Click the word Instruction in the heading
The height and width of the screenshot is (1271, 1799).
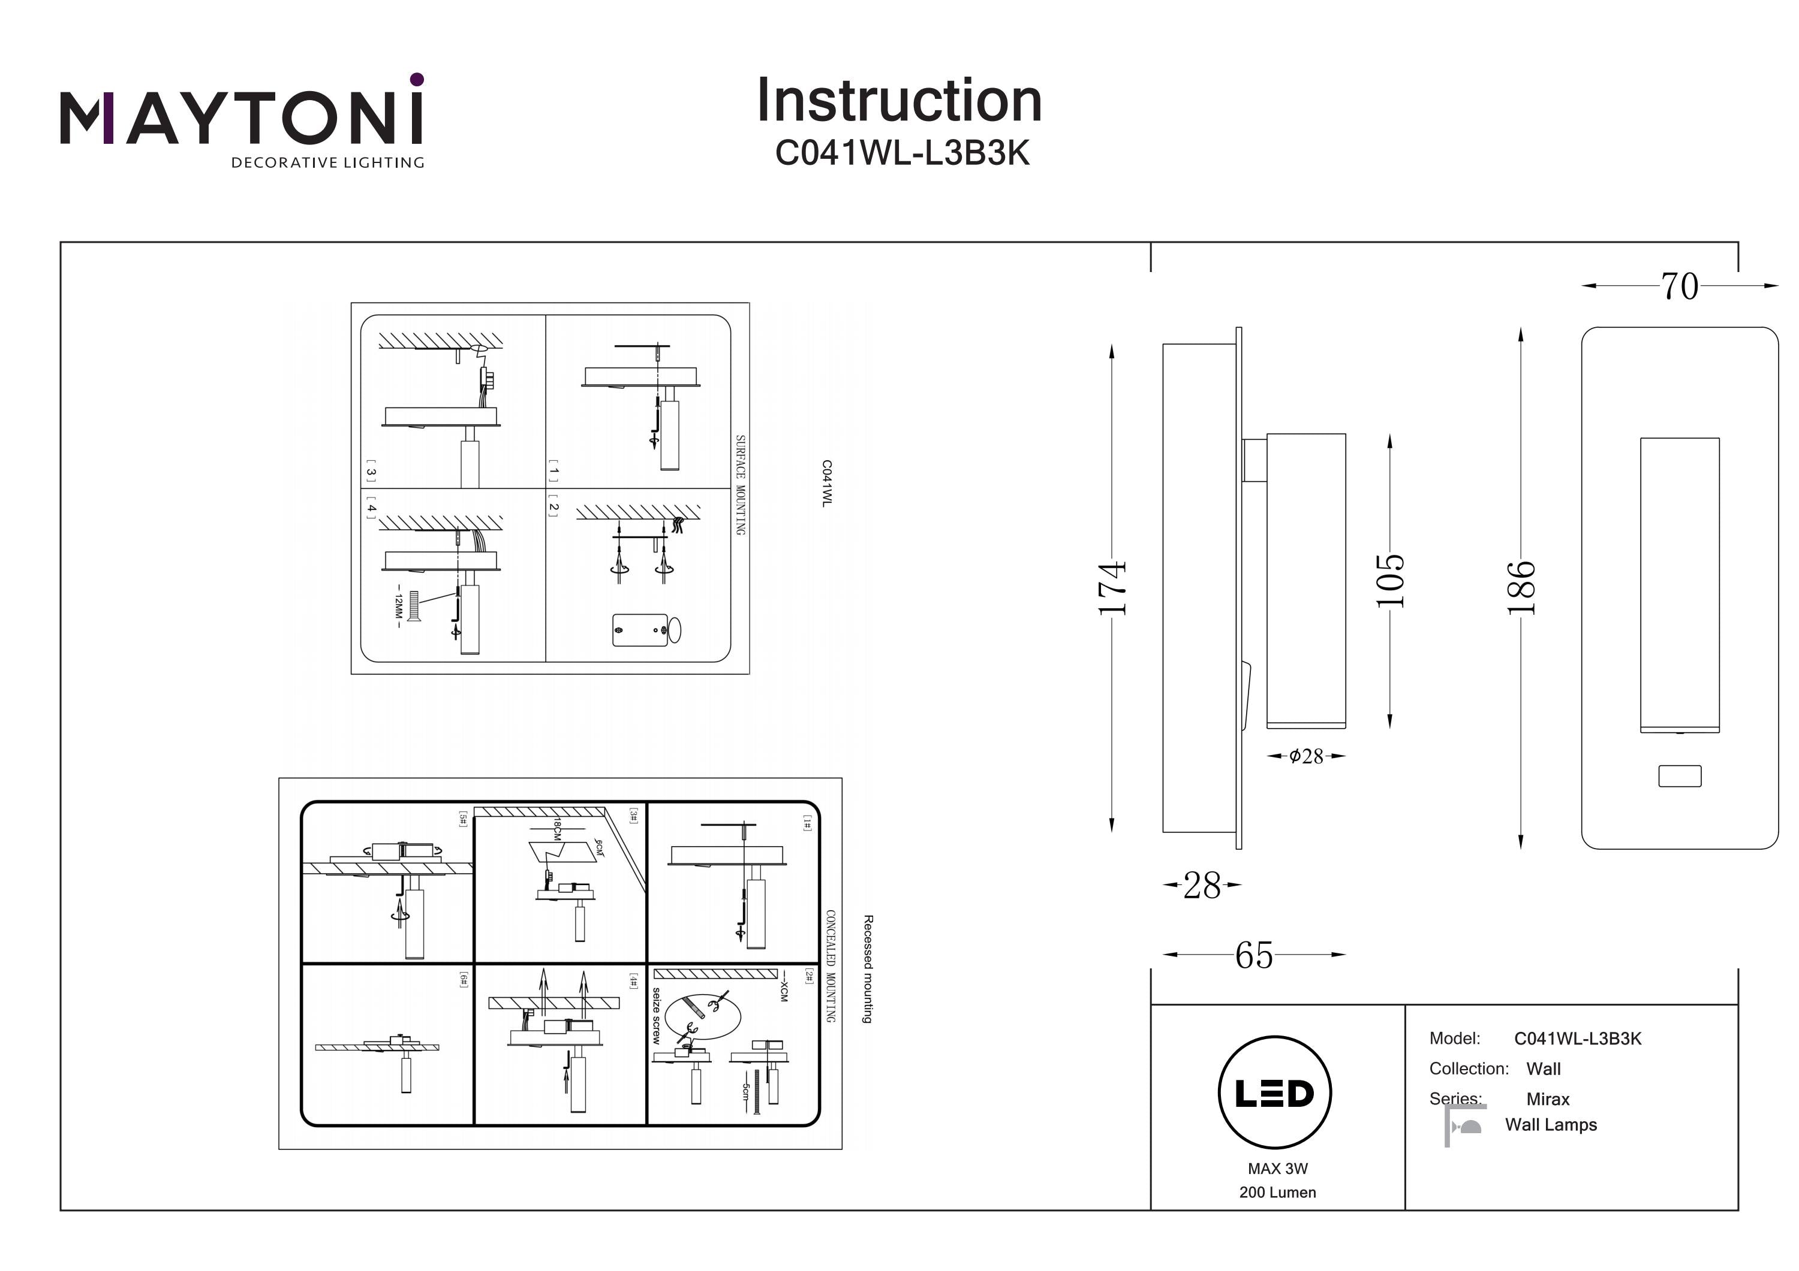click(x=899, y=101)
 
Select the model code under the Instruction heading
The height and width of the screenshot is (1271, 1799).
click(x=902, y=153)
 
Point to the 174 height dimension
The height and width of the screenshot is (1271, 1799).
click(x=1112, y=588)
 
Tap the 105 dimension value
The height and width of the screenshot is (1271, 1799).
click(x=1390, y=580)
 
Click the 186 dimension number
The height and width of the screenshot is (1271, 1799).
click(x=1521, y=588)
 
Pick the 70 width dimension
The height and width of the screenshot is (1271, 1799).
click(x=1679, y=286)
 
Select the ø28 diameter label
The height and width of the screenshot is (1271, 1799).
click(x=1306, y=756)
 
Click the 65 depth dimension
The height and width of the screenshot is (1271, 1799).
click(x=1254, y=955)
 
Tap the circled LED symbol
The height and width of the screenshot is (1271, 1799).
click(x=1275, y=1092)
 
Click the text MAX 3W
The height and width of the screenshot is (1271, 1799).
click(x=1277, y=1169)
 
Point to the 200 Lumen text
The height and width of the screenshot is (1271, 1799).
click(x=1277, y=1192)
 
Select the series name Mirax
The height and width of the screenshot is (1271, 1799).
click(x=1548, y=1098)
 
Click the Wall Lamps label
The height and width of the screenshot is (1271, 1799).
click(x=1551, y=1125)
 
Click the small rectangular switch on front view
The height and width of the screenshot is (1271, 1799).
click(x=1680, y=776)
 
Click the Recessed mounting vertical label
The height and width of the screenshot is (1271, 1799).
click(x=867, y=969)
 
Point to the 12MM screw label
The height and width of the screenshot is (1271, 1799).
click(x=398, y=605)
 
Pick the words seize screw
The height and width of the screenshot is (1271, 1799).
click(x=657, y=1016)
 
